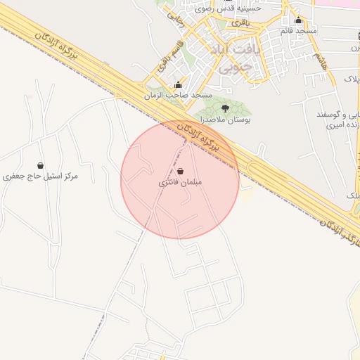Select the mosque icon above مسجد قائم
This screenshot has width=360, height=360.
click(x=299, y=20)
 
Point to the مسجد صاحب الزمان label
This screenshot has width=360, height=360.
click(x=178, y=95)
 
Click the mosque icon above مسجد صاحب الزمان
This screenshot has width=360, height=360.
click(x=178, y=85)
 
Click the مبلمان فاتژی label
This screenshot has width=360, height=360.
click(x=181, y=182)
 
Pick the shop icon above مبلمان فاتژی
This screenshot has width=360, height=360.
click(x=181, y=171)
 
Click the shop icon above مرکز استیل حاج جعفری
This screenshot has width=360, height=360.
click(x=40, y=165)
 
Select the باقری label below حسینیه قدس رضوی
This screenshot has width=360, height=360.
click(x=240, y=23)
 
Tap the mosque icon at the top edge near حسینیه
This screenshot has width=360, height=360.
click(x=258, y=1)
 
